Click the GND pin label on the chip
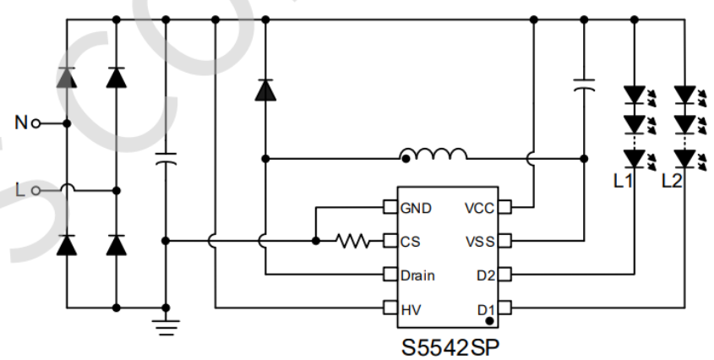tap(417, 208)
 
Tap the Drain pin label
tap(419, 275)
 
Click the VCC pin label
tap(478, 208)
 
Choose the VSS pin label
tap(479, 241)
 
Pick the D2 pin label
tap(484, 275)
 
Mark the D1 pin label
tap(485, 308)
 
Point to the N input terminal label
tap(20, 123)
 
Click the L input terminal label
tap(20, 190)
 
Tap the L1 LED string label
tap(624, 181)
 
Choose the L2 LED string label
tap(673, 181)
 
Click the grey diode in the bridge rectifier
tap(67, 79)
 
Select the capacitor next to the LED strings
tap(583, 84)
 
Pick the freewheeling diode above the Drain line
tap(265, 89)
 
